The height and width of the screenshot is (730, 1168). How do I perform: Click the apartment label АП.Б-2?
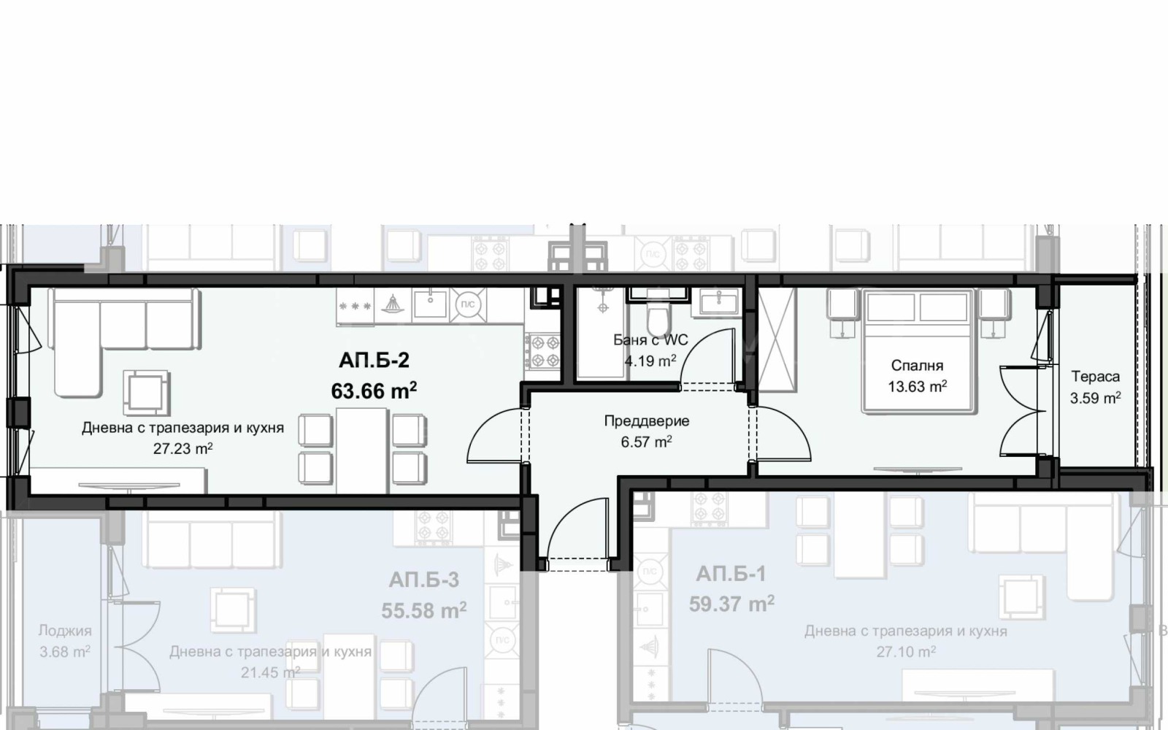(374, 360)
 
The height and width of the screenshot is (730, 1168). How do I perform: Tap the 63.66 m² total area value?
(374, 390)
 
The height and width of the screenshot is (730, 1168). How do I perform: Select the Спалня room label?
(917, 366)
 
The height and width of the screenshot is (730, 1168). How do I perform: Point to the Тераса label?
(1096, 376)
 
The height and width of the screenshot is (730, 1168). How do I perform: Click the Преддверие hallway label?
(647, 420)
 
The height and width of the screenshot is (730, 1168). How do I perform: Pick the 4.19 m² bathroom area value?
(650, 361)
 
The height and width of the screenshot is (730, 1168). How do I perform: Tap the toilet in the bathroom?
(658, 318)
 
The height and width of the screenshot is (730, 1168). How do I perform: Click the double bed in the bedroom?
(918, 351)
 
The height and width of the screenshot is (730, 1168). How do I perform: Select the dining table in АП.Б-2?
(361, 450)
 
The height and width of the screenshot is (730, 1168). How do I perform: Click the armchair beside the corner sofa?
(146, 392)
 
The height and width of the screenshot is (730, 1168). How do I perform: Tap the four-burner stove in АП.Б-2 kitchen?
(542, 351)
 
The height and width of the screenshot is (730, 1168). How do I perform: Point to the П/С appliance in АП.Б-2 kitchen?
(468, 304)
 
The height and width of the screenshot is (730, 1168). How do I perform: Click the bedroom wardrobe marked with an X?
(777, 339)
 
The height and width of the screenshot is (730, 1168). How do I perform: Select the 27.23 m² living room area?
(182, 448)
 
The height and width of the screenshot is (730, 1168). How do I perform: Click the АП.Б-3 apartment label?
(424, 580)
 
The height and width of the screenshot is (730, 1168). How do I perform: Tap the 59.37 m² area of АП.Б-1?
(731, 604)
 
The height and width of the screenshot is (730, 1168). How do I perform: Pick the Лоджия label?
(65, 631)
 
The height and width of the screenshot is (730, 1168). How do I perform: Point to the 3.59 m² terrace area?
(1096, 398)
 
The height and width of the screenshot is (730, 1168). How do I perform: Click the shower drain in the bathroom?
(603, 307)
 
